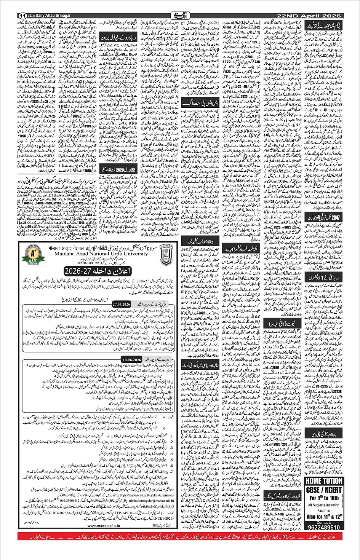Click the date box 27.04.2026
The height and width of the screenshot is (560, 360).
[121, 304]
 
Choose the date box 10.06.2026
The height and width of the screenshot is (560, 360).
[132, 359]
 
